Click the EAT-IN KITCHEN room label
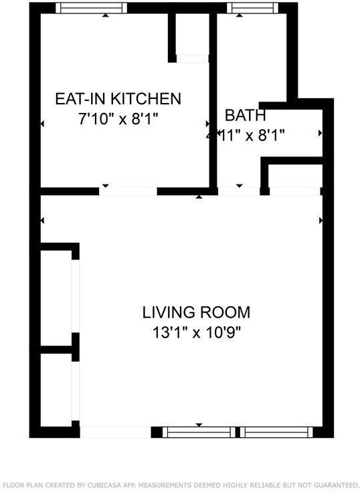[118, 99]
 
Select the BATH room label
[245, 115]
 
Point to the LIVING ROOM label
[196, 312]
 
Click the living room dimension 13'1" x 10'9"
[196, 332]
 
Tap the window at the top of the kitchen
[91, 8]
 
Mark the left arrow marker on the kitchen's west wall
[42, 124]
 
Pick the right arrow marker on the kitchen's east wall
[208, 124]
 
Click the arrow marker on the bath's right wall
[320, 134]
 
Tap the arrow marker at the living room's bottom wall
[199, 425]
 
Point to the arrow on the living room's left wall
[42, 220]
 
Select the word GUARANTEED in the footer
[329, 485]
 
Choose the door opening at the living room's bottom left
[115, 433]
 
